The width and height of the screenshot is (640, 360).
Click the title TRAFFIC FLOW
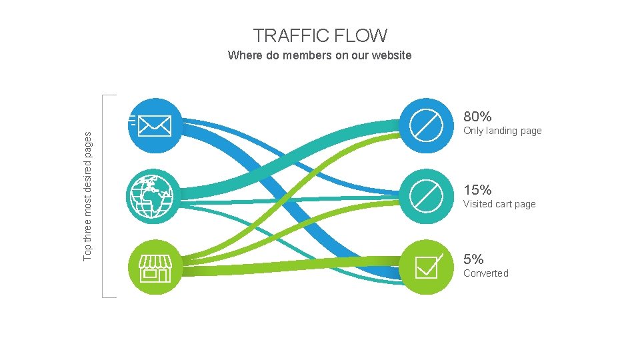point(320,35)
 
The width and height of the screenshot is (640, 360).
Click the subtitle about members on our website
point(319,55)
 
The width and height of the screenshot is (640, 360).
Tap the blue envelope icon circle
point(155,125)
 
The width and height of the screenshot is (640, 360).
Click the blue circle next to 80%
point(426,125)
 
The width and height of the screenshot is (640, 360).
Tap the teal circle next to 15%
point(426,196)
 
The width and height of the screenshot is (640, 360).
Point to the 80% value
point(477,117)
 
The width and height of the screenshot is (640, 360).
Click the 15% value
point(477,190)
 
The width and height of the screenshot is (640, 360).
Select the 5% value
point(473,259)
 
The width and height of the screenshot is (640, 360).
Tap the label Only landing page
point(502,131)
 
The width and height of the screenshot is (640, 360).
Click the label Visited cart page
point(499,204)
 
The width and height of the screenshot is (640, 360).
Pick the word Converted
point(485,273)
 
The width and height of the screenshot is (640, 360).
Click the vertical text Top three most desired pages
point(89,195)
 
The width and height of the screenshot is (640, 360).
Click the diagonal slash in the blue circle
point(426,125)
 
